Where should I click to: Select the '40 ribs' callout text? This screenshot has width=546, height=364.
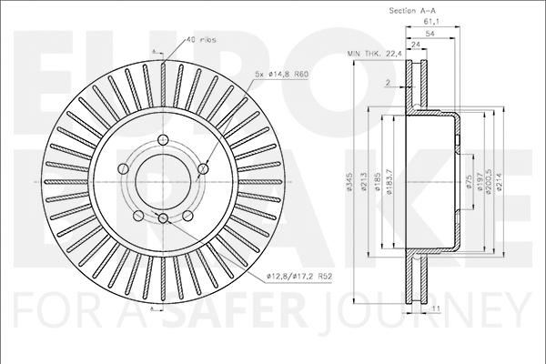[200, 39]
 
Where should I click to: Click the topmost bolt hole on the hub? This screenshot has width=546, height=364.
[163, 139]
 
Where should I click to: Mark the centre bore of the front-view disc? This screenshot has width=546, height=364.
[162, 180]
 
